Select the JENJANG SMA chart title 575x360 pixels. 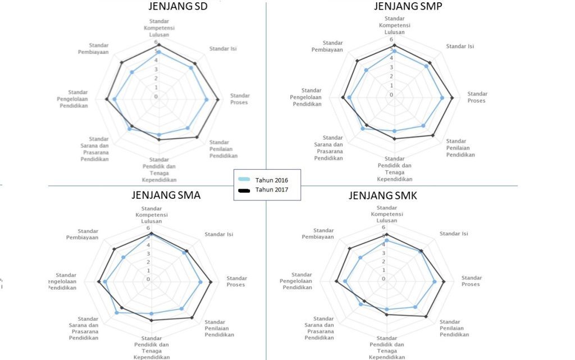pyautogui.click(x=166, y=195)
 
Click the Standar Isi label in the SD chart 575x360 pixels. pyautogui.click(x=223, y=49)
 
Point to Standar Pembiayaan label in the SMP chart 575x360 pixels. pyautogui.click(x=327, y=46)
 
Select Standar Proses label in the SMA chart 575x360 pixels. pyautogui.click(x=236, y=281)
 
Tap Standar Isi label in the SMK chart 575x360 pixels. pyautogui.click(x=453, y=233)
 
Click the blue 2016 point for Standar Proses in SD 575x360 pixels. pyautogui.click(x=207, y=100)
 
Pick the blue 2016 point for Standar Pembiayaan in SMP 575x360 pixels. pyautogui.click(x=367, y=70)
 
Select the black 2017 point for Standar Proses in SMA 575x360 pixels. pyautogui.click(x=211, y=282)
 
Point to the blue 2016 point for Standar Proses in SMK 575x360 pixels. pyautogui.click(x=435, y=282)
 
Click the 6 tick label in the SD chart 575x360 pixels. pyautogui.click(x=156, y=42)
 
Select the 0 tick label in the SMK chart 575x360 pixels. pyautogui.click(x=384, y=279)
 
